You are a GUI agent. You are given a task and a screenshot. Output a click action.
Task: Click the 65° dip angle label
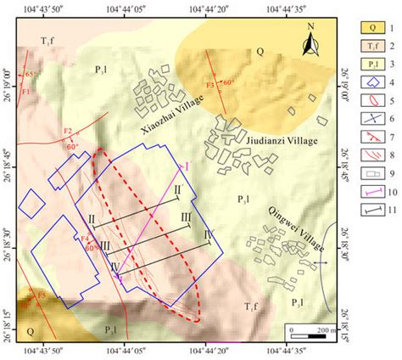tap(31, 76)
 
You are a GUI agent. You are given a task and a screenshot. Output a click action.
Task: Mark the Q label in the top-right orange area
tap(260, 51)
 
